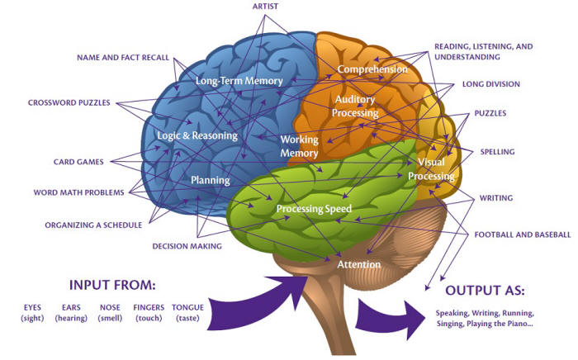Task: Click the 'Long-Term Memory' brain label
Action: [x=239, y=81]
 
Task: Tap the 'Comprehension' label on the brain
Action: [x=372, y=69]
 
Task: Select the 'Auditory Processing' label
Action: [x=354, y=106]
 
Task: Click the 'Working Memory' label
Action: [x=299, y=146]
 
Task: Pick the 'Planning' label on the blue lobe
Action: [x=210, y=179]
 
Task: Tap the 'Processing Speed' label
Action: [x=314, y=209]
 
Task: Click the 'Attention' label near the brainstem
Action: [x=358, y=264]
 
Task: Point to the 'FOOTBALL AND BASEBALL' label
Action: [x=521, y=234]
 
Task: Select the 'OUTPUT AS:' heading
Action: [x=486, y=291]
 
